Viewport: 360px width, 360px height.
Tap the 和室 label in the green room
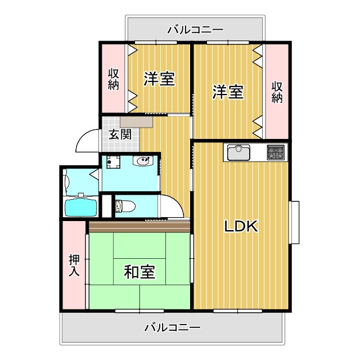[x=139, y=272]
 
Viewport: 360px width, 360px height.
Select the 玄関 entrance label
[x=120, y=134]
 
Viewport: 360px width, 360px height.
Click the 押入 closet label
[x=74, y=265]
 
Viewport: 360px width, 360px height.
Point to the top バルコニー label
[x=195, y=29]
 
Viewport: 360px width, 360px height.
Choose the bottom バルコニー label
[x=172, y=327]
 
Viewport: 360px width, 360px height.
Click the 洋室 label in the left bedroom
[x=159, y=79]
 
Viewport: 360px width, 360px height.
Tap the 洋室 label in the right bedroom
[x=228, y=92]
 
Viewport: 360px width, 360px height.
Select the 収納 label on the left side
[x=114, y=79]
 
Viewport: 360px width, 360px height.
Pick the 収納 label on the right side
[x=277, y=92]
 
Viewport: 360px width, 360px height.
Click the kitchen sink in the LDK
[x=240, y=152]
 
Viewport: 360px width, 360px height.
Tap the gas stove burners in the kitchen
[x=276, y=152]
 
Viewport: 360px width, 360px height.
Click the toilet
[x=125, y=206]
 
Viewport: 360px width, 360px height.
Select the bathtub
[x=80, y=207]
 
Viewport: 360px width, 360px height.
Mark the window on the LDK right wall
[x=294, y=222]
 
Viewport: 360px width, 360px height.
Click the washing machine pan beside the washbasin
[x=112, y=162]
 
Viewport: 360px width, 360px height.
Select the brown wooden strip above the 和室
[x=139, y=227]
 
